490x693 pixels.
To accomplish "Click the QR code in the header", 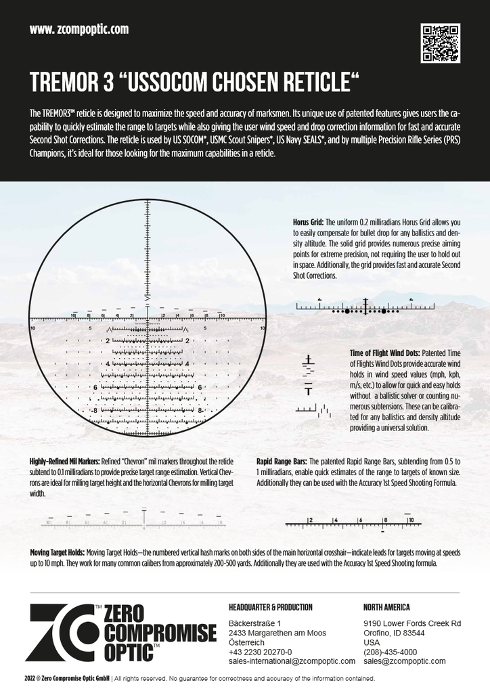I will [440, 43].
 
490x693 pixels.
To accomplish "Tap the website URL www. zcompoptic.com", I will [79, 30].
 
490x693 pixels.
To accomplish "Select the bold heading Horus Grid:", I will [309, 222].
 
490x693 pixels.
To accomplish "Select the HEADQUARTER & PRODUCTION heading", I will [271, 607].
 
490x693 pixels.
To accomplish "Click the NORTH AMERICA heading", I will [386, 607].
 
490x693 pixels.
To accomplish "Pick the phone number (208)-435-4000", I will [390, 652].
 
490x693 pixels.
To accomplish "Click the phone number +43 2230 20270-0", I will [261, 652].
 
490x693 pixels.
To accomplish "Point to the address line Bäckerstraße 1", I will [254, 623].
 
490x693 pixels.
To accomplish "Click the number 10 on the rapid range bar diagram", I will [411, 520].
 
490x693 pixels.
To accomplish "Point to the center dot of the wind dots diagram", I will [365, 311].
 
